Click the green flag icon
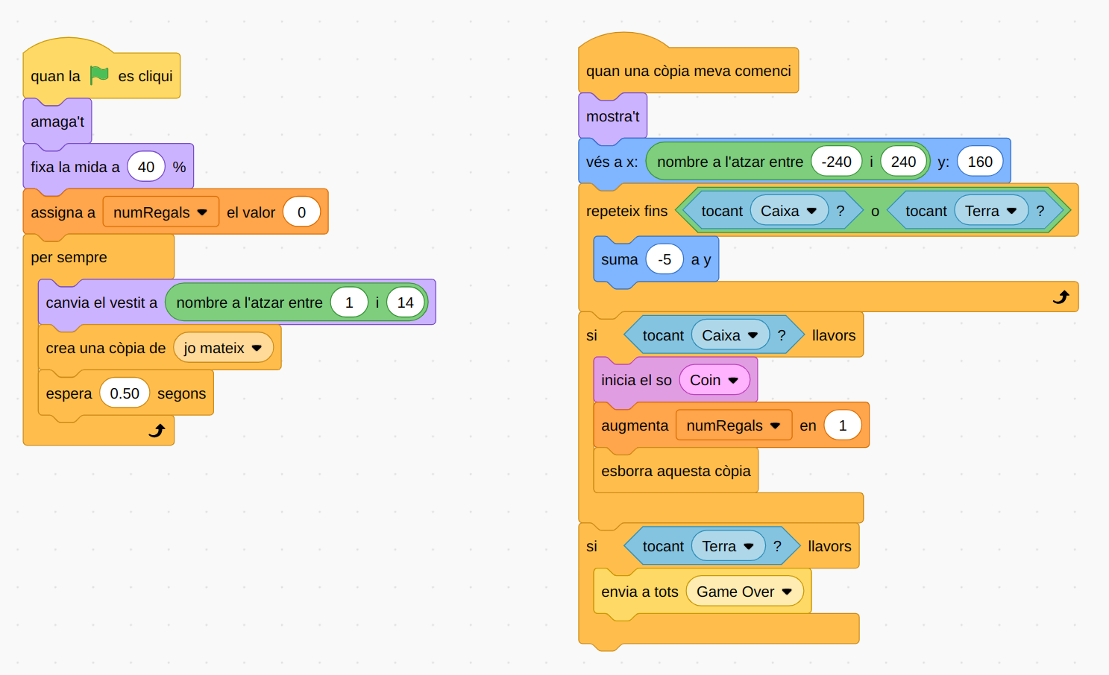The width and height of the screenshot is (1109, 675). click(x=99, y=75)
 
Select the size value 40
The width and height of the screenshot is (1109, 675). click(x=146, y=167)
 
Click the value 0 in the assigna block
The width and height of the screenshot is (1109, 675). click(x=301, y=212)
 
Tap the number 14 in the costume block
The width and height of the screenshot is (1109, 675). click(x=405, y=302)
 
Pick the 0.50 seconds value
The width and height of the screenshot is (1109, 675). click(x=125, y=393)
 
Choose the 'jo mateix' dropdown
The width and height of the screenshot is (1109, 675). click(x=223, y=348)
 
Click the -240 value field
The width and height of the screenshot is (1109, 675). click(x=836, y=162)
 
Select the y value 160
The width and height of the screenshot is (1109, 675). click(x=979, y=162)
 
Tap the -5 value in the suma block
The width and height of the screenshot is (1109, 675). click(x=665, y=259)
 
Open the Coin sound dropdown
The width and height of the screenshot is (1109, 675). click(x=714, y=380)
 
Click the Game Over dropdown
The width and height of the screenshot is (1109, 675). click(x=744, y=592)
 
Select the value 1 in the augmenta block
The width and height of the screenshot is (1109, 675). click(x=843, y=425)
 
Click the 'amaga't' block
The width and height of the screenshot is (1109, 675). click(x=57, y=121)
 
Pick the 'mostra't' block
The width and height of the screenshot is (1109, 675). click(x=612, y=116)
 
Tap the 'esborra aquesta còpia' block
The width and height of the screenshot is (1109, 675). click(x=676, y=471)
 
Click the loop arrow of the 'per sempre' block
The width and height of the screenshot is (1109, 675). click(x=157, y=431)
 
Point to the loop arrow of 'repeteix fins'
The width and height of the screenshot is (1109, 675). click(x=1061, y=297)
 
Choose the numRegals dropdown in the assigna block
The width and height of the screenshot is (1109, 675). click(x=160, y=212)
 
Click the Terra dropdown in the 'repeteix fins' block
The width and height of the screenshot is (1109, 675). click(x=990, y=211)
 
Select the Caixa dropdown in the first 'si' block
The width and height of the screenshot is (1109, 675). click(x=729, y=335)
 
